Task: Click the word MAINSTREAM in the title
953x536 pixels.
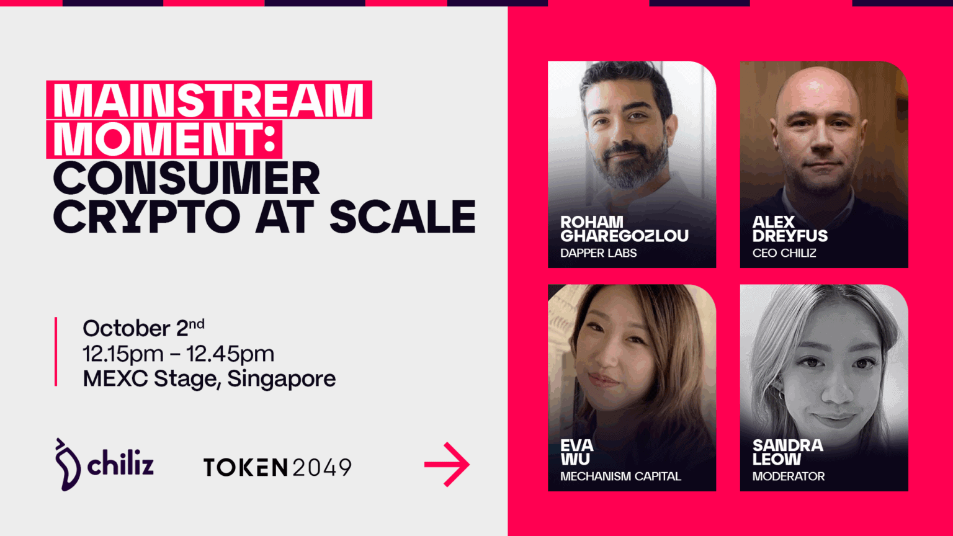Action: click(209, 100)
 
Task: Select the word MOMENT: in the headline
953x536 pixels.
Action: click(164, 139)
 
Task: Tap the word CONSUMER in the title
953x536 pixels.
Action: click(187, 179)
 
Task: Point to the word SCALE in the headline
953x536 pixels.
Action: click(402, 217)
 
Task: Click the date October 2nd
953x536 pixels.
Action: click(143, 328)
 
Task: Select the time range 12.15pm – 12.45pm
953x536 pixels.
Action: click(178, 354)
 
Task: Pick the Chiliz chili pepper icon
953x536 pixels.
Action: click(67, 465)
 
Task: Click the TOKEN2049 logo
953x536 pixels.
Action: click(277, 467)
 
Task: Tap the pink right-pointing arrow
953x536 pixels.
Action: click(447, 464)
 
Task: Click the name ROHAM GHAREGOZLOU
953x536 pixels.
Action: click(624, 229)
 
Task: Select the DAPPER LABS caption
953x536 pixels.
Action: click(598, 253)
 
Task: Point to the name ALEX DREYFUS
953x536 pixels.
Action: click(789, 229)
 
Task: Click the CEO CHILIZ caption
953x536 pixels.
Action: click(784, 253)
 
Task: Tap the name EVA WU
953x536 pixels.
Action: click(576, 452)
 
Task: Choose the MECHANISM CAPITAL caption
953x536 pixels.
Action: click(620, 476)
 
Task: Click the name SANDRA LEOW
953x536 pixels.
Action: click(787, 452)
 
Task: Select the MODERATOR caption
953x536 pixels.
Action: click(788, 476)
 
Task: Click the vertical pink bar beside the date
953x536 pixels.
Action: click(56, 352)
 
